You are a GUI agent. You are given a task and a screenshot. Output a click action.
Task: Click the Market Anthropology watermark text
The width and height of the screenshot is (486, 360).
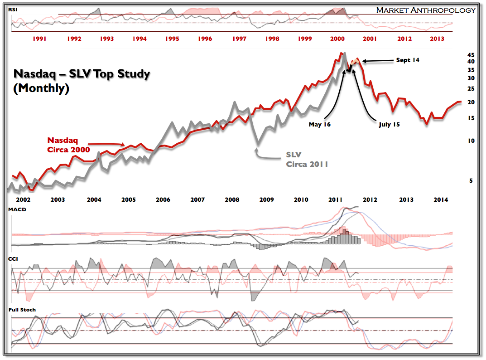pyautogui.click(x=426, y=10)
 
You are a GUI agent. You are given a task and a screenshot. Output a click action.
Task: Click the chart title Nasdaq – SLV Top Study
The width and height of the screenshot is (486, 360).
pyautogui.click(x=82, y=74)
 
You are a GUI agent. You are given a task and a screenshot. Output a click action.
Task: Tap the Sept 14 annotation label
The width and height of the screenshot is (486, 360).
pyautogui.click(x=408, y=60)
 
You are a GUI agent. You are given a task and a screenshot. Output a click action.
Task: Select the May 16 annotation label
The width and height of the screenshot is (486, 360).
pyautogui.click(x=320, y=124)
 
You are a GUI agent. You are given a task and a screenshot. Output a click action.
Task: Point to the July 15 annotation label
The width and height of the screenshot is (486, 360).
pyautogui.click(x=390, y=124)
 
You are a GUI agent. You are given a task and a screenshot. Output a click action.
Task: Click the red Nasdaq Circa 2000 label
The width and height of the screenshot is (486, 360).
pyautogui.click(x=68, y=145)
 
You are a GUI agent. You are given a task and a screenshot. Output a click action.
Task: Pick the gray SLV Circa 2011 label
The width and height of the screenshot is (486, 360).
pyautogui.click(x=306, y=159)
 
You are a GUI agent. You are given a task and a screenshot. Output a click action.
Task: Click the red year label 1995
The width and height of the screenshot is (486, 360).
pyautogui.click(x=172, y=39)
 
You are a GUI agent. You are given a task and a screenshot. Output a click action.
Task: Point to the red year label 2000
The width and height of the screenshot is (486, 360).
pyautogui.click(x=337, y=39)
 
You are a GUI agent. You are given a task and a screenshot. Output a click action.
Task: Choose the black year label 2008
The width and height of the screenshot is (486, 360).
pyautogui.click(x=232, y=199)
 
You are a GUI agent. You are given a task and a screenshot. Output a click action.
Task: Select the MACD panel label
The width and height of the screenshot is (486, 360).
pyautogui.click(x=17, y=209)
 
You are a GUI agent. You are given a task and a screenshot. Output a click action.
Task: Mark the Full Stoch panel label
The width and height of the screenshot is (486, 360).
pyautogui.click(x=22, y=310)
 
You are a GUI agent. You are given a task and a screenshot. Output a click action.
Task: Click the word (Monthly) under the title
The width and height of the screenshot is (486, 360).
pyautogui.click(x=41, y=89)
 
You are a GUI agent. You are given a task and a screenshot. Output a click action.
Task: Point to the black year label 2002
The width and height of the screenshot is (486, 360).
pyautogui.click(x=23, y=199)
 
